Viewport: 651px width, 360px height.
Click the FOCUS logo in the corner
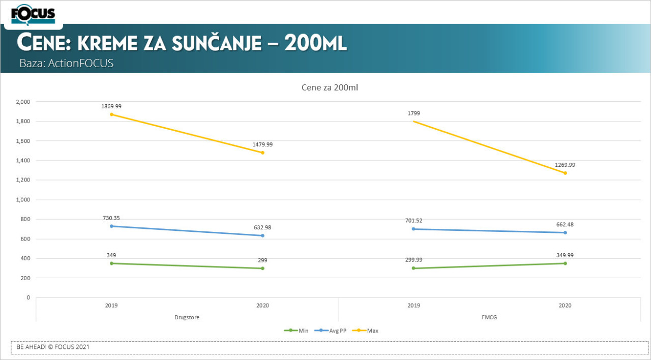33,14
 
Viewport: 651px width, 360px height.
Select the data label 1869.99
111,106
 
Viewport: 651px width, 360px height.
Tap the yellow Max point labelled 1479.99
262,153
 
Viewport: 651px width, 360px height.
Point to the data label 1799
413,113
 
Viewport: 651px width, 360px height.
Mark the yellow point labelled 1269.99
565,173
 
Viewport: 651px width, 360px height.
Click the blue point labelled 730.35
111,226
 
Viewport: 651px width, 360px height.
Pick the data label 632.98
262,227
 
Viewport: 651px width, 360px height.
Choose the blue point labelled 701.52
413,229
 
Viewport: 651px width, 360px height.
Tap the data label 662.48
565,224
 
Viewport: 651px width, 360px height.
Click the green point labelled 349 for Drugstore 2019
111,263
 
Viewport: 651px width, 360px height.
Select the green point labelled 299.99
413,268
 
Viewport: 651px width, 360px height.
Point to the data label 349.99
565,255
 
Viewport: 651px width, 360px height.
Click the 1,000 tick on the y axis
23,200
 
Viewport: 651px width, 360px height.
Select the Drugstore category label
187,317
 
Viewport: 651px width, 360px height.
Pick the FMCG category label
489,317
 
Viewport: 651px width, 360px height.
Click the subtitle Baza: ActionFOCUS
66,64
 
